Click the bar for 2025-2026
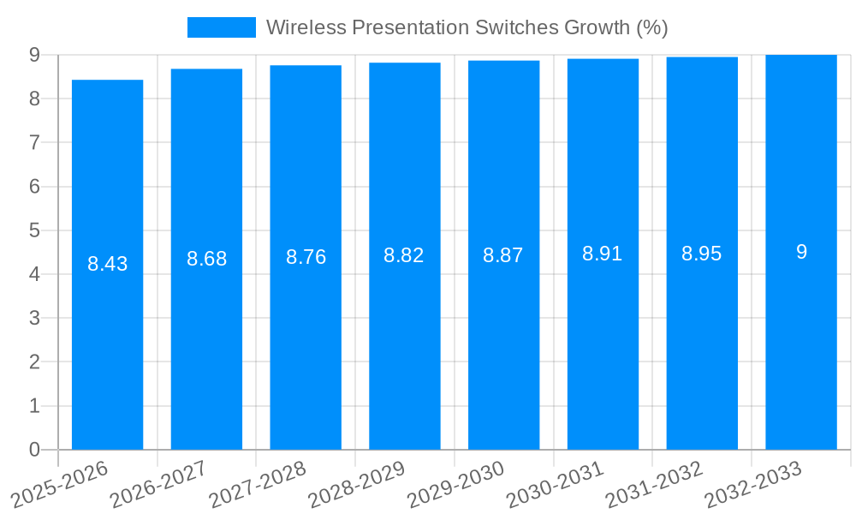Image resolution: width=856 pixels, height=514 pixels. (x=107, y=265)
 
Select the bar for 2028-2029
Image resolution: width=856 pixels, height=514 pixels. (x=404, y=256)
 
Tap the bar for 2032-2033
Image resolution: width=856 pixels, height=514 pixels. (x=801, y=252)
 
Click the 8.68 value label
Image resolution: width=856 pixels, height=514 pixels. (x=206, y=259)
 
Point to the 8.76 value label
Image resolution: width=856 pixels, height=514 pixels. (x=306, y=257)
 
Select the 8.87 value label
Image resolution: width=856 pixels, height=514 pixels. (x=503, y=255)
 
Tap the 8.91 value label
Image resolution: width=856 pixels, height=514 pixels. (x=603, y=254)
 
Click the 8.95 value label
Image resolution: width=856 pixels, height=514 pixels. (x=702, y=254)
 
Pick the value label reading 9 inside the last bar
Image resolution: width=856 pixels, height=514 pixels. (x=801, y=252)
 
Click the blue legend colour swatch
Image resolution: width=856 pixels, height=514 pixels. (x=221, y=27)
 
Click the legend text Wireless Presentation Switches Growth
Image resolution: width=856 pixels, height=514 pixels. (x=467, y=27)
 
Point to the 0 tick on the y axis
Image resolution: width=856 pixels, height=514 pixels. (x=34, y=450)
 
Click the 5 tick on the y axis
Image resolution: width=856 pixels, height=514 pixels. (x=34, y=230)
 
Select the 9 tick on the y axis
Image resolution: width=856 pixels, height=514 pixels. (x=34, y=55)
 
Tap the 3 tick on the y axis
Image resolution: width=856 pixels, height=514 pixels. (x=34, y=318)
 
